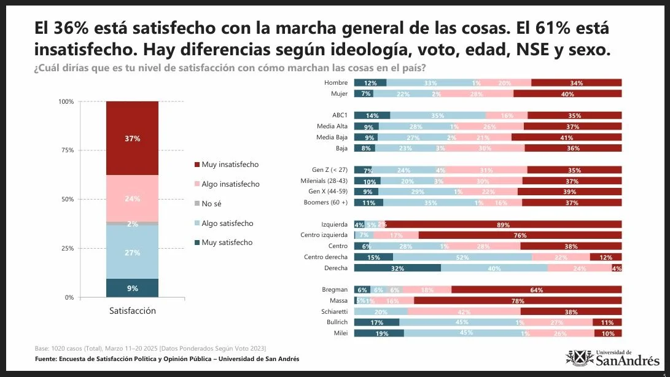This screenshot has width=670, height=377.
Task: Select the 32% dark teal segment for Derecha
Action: [x=397, y=268]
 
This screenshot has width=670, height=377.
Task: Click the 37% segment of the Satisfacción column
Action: [x=132, y=138]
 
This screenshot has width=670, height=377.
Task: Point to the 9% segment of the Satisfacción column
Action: [x=132, y=288]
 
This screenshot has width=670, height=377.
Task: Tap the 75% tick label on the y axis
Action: [x=65, y=150]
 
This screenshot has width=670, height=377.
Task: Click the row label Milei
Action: [x=340, y=333]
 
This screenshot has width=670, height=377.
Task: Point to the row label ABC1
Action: [x=338, y=115]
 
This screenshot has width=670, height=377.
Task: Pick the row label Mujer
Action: [x=339, y=94]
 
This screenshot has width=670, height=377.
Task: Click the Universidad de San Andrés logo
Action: [x=612, y=357]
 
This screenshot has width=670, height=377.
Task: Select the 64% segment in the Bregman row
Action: [x=536, y=290]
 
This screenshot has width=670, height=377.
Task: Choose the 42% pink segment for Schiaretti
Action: [x=464, y=312]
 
